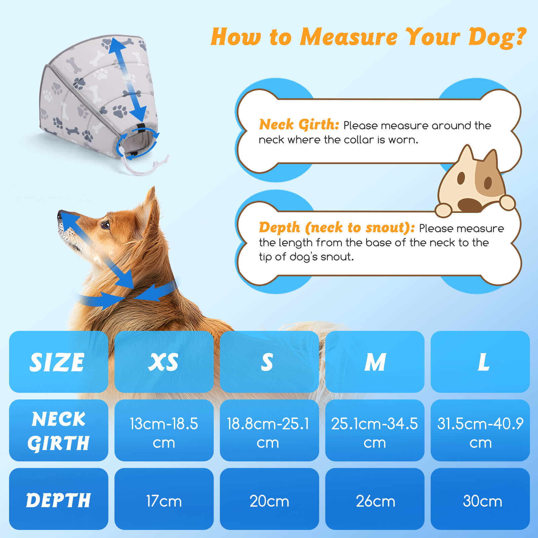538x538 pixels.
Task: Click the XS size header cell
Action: [164, 362]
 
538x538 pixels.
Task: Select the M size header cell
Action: [375, 362]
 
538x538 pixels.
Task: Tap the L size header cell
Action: [480, 362]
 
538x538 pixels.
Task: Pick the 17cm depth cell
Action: [164, 499]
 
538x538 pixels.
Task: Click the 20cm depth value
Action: [269, 501]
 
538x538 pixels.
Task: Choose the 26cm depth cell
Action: [375, 499]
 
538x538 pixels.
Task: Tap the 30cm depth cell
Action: [480, 499]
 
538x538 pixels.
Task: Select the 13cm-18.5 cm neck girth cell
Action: [164, 430]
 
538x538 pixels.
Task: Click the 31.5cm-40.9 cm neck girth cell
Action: [480, 430]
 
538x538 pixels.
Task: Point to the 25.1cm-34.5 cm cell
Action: [375, 430]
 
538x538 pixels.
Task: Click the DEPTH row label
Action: [59, 499]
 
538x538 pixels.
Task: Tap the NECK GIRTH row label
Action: [59, 430]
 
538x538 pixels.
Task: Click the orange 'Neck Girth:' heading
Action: [299, 125]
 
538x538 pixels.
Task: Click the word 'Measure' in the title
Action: [349, 37]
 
